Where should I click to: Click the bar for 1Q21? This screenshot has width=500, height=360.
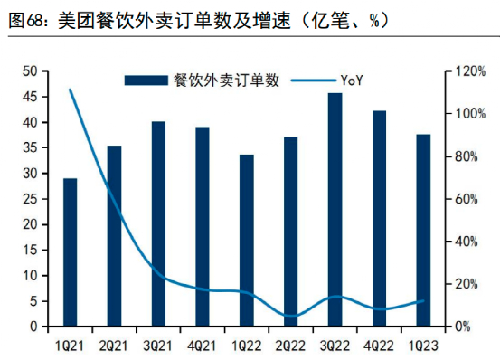pyautogui.click(x=70, y=252)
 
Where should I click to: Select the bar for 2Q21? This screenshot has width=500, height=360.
pyautogui.click(x=114, y=236)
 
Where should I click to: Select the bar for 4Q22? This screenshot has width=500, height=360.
pyautogui.click(x=379, y=218)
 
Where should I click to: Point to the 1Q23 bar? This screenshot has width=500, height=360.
pyautogui.click(x=422, y=231)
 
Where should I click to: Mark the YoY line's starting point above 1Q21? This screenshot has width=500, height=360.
pyautogui.click(x=70, y=90)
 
